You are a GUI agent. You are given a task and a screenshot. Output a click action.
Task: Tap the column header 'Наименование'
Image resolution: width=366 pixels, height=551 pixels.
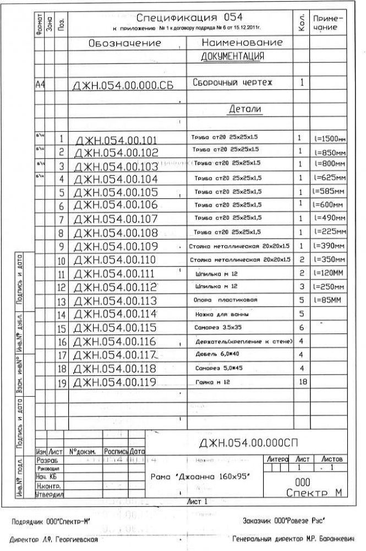click(x=242, y=42)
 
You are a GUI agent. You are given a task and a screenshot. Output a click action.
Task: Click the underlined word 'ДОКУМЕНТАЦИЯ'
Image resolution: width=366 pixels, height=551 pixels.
click(x=232, y=56)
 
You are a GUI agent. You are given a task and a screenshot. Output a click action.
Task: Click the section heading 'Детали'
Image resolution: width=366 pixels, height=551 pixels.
click(x=245, y=110)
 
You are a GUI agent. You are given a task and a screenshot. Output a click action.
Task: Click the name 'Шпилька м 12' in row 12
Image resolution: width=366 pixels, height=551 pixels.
click(x=216, y=287)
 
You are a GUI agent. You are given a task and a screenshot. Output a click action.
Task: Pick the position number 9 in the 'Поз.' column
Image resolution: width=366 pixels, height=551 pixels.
click(x=62, y=246)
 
